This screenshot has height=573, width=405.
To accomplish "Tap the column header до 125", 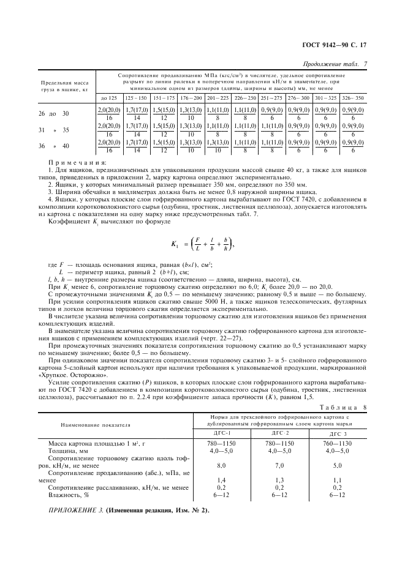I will click(108, 98).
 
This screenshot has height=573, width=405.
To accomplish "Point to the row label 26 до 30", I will click(54, 114).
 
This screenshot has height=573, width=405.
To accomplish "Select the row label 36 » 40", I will click(54, 146).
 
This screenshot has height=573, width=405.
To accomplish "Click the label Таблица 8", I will click(346, 406).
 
